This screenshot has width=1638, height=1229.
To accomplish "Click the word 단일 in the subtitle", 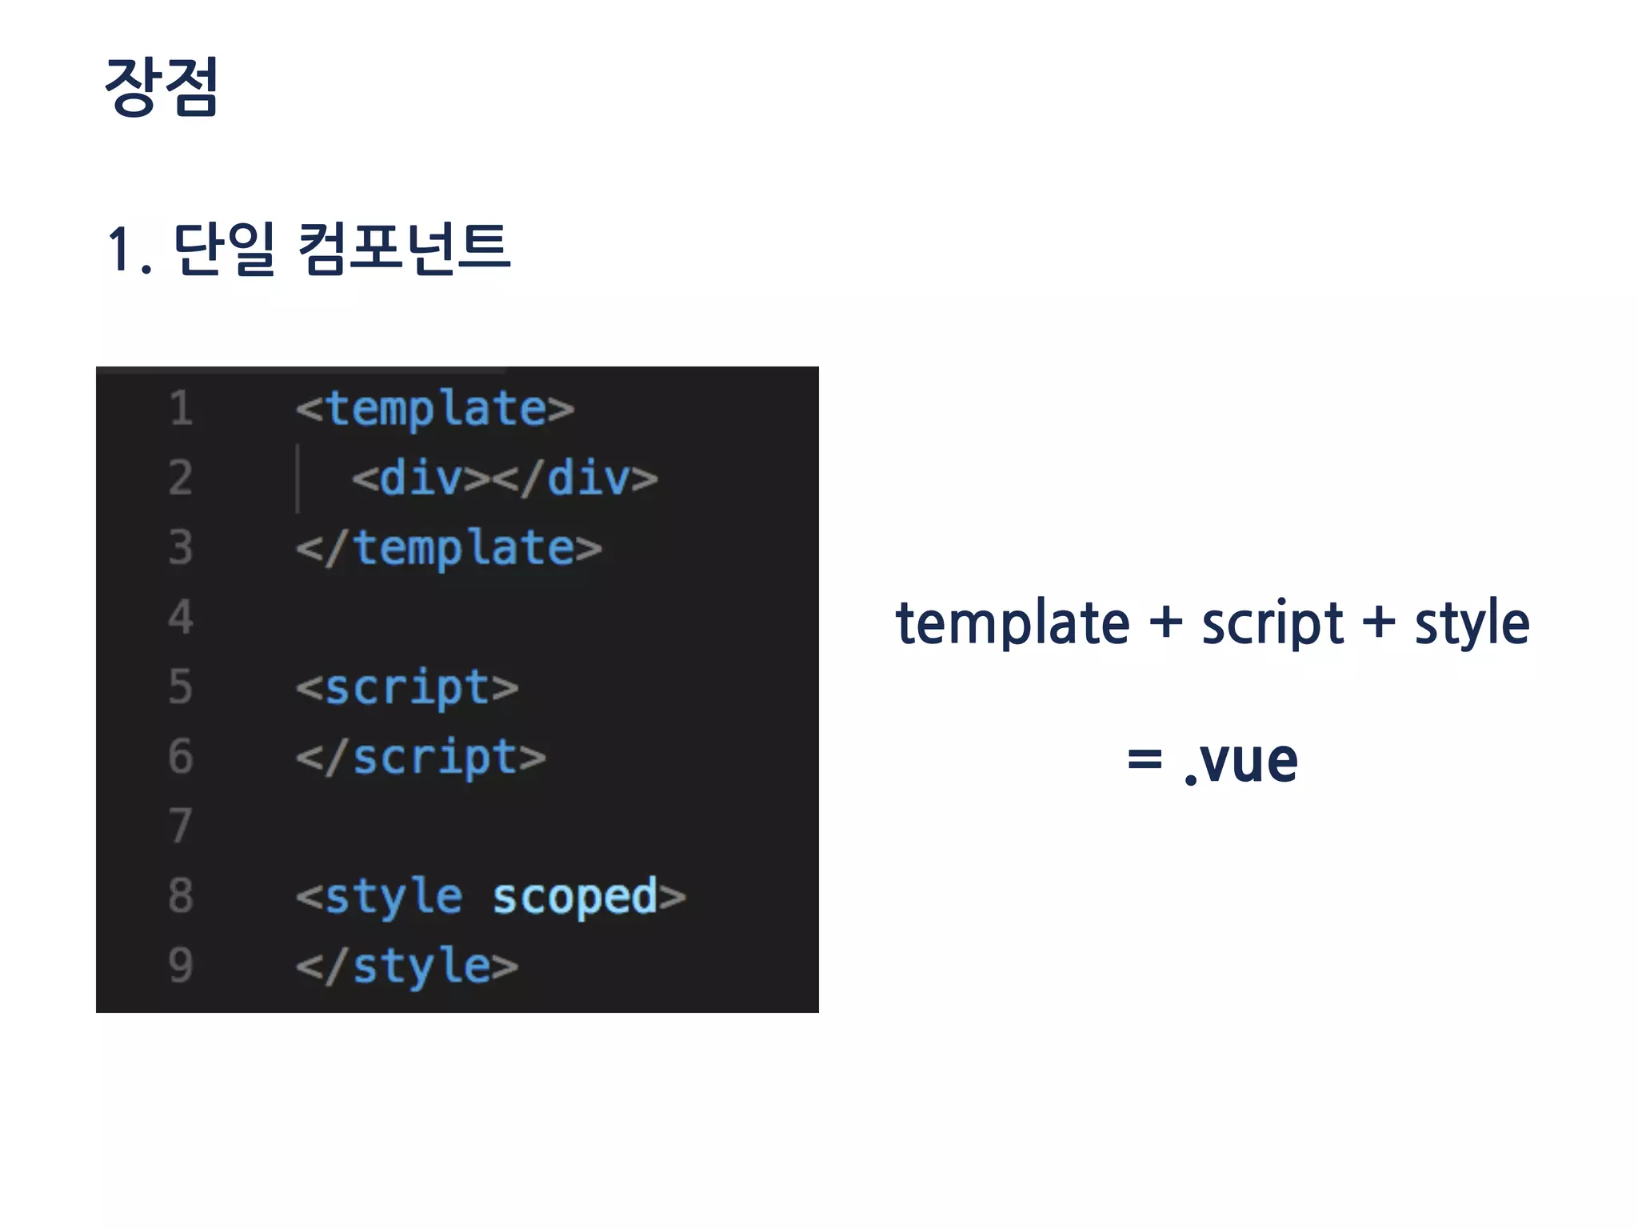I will coord(223,249).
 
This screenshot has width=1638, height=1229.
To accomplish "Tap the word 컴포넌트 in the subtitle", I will coord(404,249).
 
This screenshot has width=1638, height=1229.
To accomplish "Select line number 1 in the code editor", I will coord(181,408).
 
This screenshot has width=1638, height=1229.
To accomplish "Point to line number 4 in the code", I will coord(181,617).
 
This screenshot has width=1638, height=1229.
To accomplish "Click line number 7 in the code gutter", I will coord(181,826).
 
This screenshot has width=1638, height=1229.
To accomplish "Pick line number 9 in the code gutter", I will coord(181,965).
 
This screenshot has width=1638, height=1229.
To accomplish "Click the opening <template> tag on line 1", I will coord(435,410).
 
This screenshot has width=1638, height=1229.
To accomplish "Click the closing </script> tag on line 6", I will coord(421,758).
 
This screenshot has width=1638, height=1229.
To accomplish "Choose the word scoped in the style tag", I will coord(574,897).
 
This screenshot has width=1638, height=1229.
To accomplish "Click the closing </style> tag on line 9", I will coord(407,967).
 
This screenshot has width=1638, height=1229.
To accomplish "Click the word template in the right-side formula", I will coord(1012,623).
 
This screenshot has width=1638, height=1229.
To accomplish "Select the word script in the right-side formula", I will coord(1272,623).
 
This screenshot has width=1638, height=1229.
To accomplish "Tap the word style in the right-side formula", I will coord(1472,623).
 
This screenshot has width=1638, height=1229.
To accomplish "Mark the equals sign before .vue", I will coord(1144,759).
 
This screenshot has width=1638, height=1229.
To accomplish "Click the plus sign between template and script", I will coord(1165,622).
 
